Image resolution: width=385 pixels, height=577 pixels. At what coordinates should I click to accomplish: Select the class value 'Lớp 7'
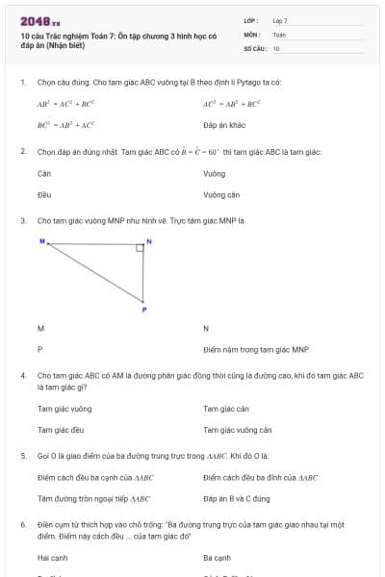point(280,20)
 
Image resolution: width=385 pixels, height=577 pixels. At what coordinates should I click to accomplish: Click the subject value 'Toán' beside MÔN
point(279,34)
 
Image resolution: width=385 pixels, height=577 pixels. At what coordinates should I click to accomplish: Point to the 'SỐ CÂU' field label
point(254,47)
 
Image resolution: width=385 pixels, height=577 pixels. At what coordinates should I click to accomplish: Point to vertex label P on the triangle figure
point(144,310)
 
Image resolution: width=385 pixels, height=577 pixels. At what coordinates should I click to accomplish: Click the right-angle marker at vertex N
point(140,248)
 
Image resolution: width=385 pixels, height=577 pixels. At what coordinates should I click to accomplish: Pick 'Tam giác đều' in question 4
point(61,430)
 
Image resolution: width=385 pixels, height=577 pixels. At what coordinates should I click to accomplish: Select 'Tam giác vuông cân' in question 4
point(238,430)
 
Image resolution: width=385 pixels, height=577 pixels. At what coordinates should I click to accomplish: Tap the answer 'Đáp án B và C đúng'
point(237,498)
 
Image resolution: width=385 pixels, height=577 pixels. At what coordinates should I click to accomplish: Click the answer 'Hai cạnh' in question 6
point(52,557)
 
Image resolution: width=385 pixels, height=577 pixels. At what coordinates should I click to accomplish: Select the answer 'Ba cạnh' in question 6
point(218,557)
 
